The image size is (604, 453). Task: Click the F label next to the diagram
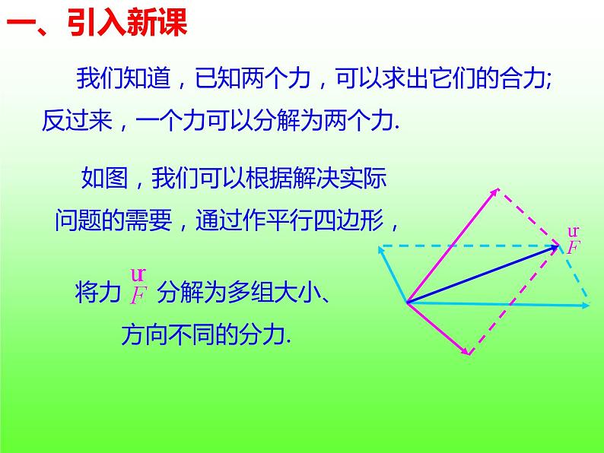click(573, 246)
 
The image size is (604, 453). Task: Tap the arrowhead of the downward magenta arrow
click(465, 351)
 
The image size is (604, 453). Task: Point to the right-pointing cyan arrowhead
click(586, 306)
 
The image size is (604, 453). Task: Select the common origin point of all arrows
click(408, 303)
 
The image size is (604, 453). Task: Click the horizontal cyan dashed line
click(472, 246)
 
